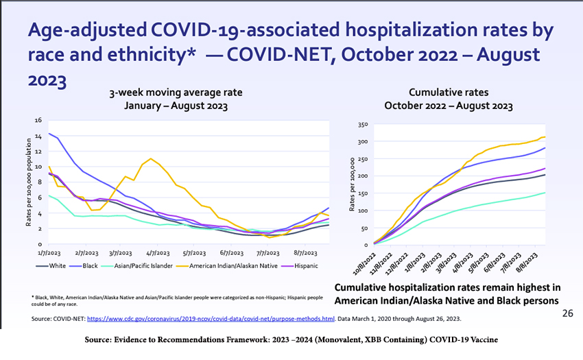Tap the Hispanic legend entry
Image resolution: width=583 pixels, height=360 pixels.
click(x=296, y=265)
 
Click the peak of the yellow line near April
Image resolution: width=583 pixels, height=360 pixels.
click(x=151, y=158)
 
